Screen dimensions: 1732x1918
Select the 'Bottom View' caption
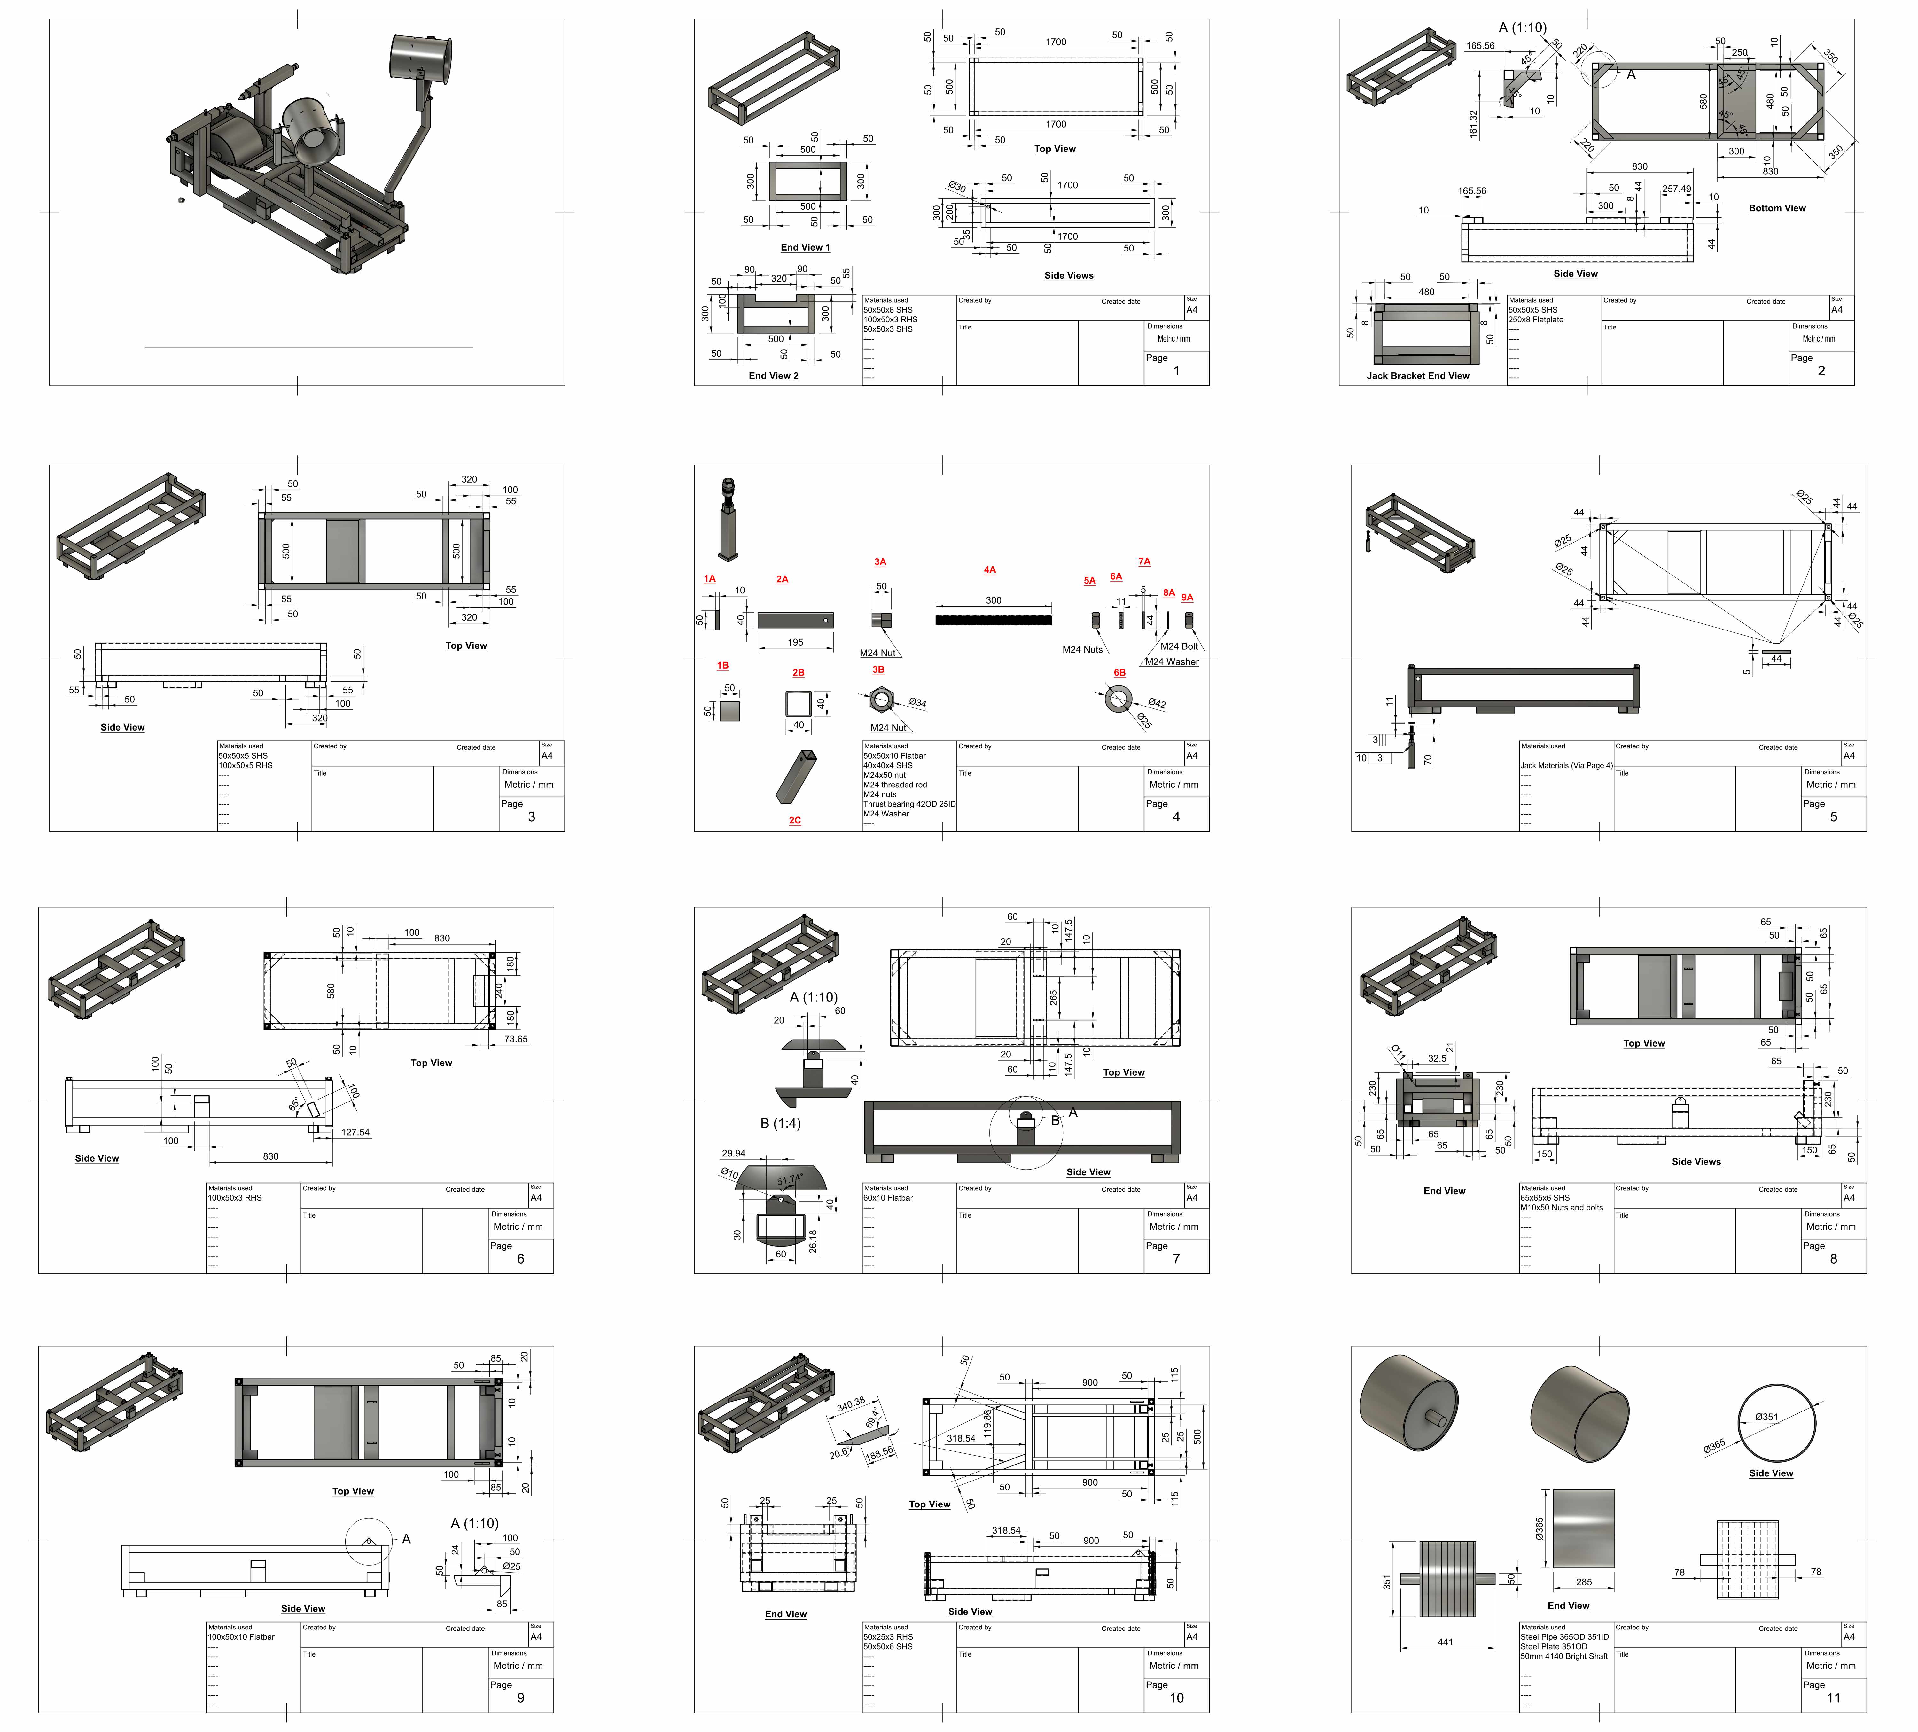[x=1776, y=208]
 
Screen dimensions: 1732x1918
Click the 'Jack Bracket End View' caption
[x=1418, y=376]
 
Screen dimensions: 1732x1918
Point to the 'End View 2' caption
[x=774, y=376]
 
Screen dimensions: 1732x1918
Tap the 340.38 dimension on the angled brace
[x=851, y=1403]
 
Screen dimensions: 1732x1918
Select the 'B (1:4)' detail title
[x=780, y=1123]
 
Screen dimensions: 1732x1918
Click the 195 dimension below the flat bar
[x=795, y=642]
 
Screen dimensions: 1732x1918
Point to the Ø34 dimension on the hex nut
[x=917, y=703]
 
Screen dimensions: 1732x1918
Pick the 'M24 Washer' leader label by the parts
[x=1172, y=662]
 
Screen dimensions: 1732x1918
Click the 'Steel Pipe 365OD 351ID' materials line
[x=1564, y=1637]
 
